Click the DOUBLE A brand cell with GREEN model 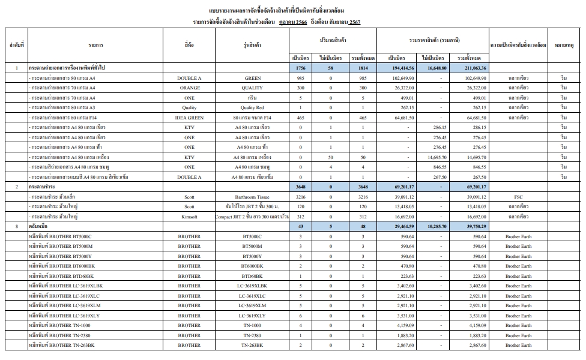click(190, 78)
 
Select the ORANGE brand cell click(190, 88)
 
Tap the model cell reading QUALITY click(253, 88)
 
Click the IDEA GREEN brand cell click(190, 118)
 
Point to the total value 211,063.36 click(471, 68)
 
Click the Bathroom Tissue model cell click(253, 197)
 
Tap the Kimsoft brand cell click(190, 217)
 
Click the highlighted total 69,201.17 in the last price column click(471, 187)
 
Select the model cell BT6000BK click(253, 266)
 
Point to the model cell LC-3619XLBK click(253, 286)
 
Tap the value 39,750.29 click(471, 227)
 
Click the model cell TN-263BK click(253, 345)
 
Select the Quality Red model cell click(253, 108)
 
